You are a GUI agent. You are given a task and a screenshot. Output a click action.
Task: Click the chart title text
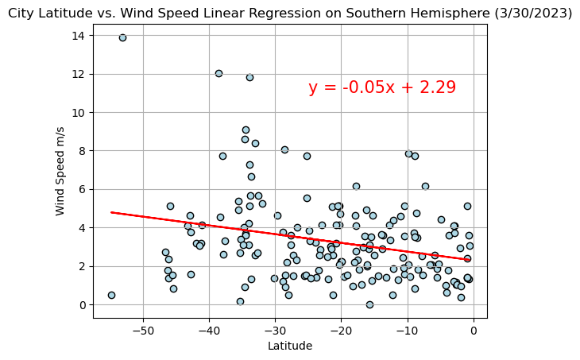pos(290,13)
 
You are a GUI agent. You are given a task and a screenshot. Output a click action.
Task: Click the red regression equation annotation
pos(382,87)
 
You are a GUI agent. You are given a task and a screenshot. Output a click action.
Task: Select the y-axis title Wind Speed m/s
pos(60,172)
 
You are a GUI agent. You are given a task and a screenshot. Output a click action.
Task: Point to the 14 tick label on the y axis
pos(77,36)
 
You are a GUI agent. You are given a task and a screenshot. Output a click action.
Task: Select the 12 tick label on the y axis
pos(77,74)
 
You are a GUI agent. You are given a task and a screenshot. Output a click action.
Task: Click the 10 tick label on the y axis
pos(77,112)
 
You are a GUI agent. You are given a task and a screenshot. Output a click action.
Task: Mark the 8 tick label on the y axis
pos(80,151)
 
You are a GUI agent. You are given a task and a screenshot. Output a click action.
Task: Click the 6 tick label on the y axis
pos(80,189)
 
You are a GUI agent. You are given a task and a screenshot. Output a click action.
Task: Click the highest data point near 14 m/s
pos(122,37)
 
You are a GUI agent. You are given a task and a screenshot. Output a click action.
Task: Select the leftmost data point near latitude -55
pos(111,295)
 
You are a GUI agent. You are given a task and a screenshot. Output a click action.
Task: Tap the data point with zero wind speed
pos(369,304)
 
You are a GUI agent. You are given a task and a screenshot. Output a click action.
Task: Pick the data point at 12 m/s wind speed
pos(218,73)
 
